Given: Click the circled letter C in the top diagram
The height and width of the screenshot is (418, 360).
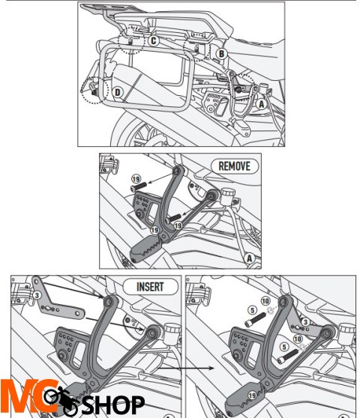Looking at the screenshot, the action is pos(154,40).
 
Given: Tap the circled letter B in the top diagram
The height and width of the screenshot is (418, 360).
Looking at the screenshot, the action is pos(221,54).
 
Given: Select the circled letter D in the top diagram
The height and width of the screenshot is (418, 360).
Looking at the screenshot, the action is pos(118,92).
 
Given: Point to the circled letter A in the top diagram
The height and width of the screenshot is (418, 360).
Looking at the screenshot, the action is pos(261,104).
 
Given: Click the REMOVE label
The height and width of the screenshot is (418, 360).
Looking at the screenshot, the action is pos(235,166).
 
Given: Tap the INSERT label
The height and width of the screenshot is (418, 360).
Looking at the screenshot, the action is pos(150,287).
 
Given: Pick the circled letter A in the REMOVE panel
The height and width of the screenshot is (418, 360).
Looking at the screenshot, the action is pos(249,258).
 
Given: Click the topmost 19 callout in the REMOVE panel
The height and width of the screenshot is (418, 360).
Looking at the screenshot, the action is pos(136,179).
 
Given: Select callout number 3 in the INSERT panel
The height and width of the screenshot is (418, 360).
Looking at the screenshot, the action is pos(37,295).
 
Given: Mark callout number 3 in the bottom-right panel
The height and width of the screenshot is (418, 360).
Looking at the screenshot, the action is pos(305,322).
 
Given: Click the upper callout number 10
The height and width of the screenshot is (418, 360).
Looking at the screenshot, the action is pos(265,301).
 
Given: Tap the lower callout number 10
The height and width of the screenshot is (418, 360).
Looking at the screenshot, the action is pos(298,339).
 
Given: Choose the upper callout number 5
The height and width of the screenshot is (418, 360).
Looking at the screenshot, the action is pos(253,310).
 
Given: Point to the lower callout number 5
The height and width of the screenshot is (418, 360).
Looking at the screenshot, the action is pos(284,347).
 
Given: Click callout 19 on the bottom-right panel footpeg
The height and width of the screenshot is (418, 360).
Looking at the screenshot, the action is pos(253,396).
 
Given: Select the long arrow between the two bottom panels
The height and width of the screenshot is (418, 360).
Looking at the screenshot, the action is pos(185,369).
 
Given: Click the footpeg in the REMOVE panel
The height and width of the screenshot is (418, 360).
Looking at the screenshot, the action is pos(146,249).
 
